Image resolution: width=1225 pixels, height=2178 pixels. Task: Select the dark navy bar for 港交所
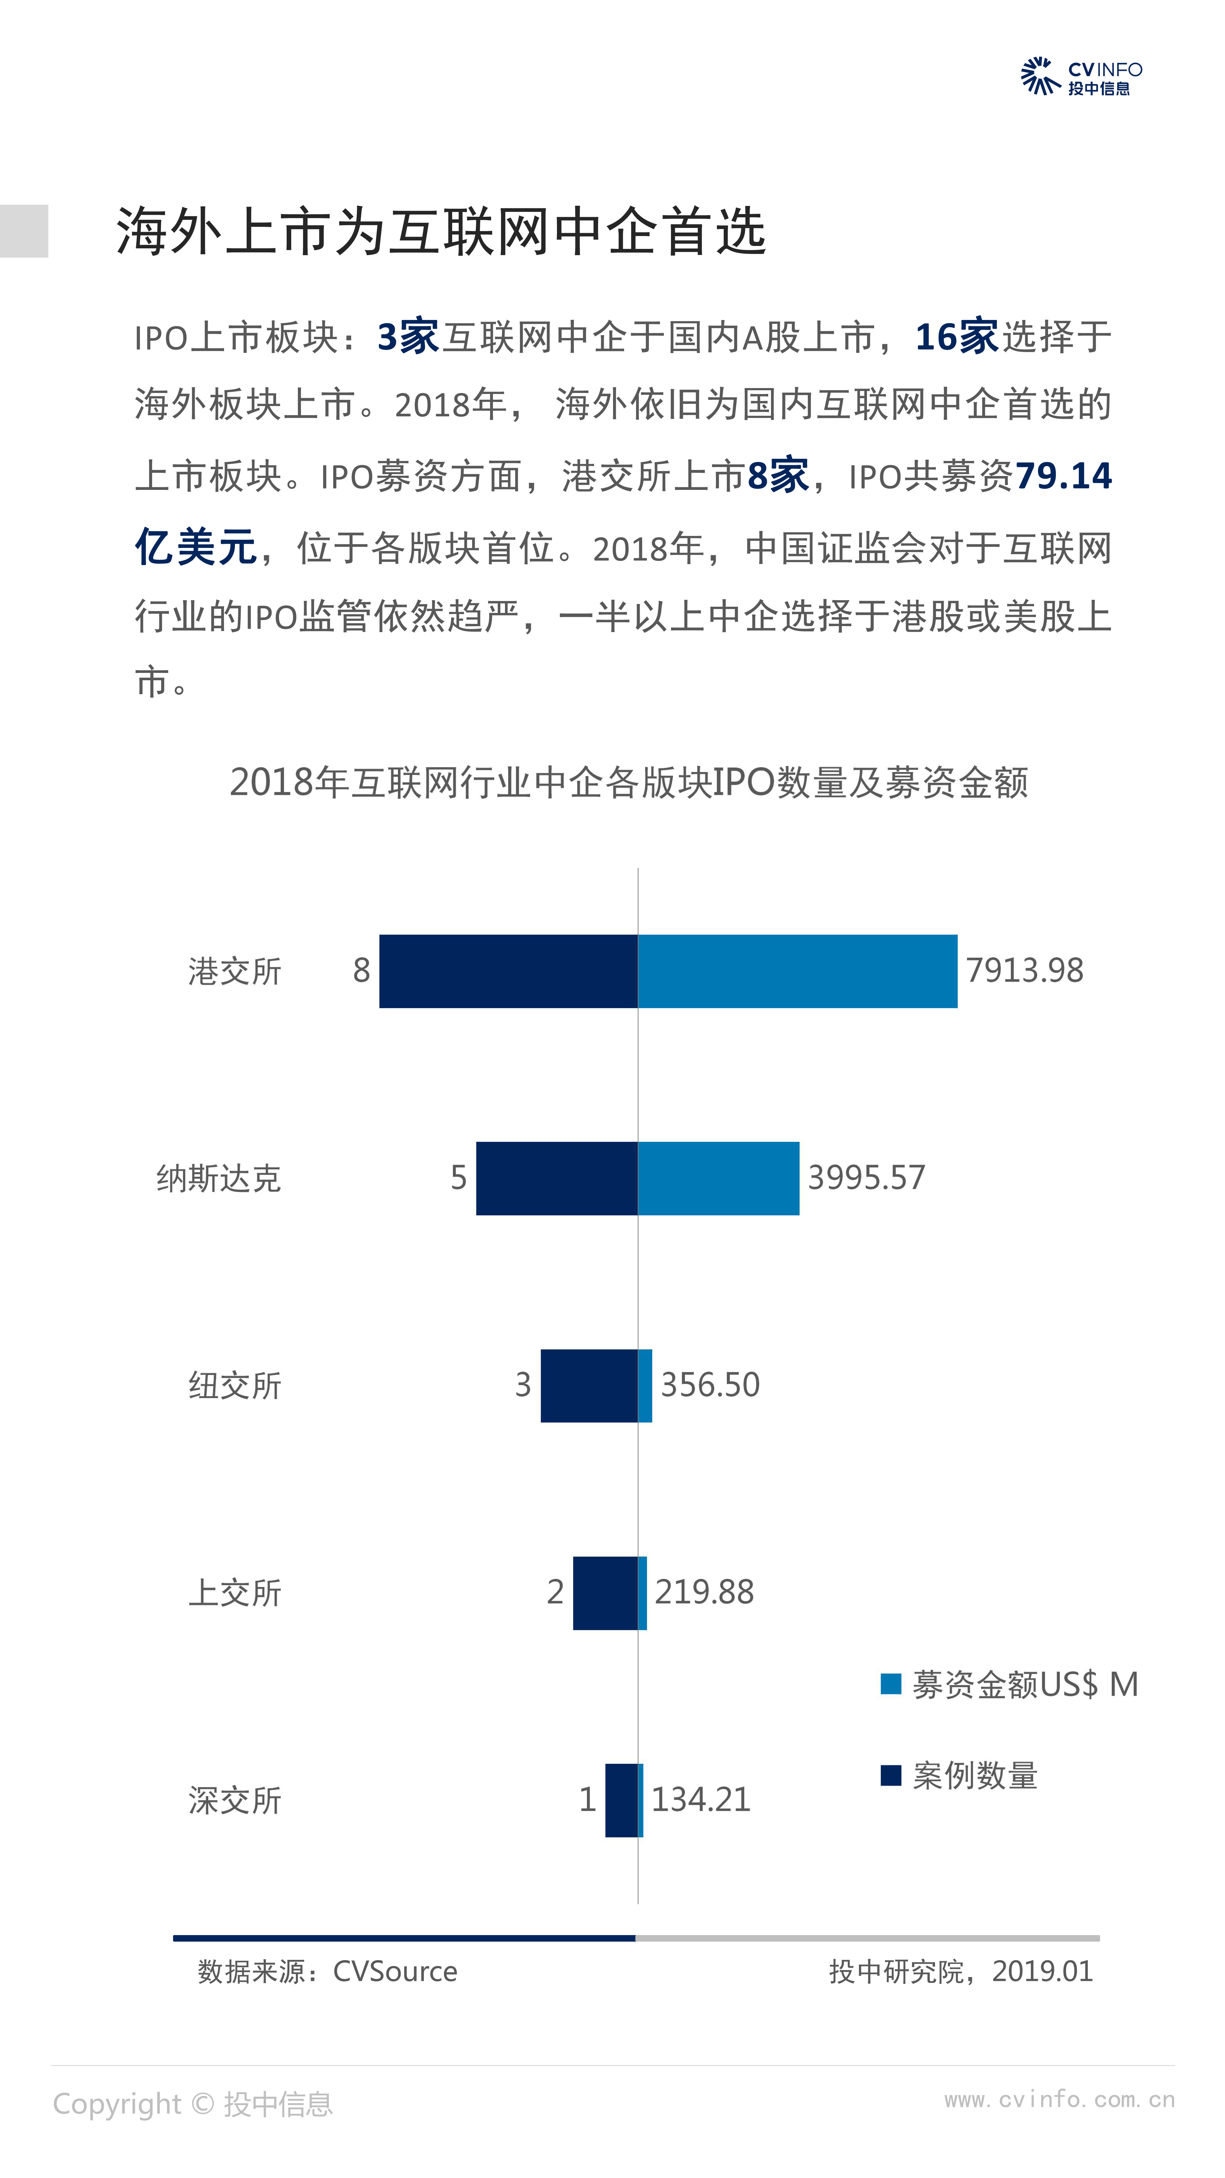508,971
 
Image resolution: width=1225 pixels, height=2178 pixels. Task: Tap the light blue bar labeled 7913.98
797,971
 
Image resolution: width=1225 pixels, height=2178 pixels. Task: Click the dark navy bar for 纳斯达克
556,1178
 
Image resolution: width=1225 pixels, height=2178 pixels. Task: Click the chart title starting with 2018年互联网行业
629,782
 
